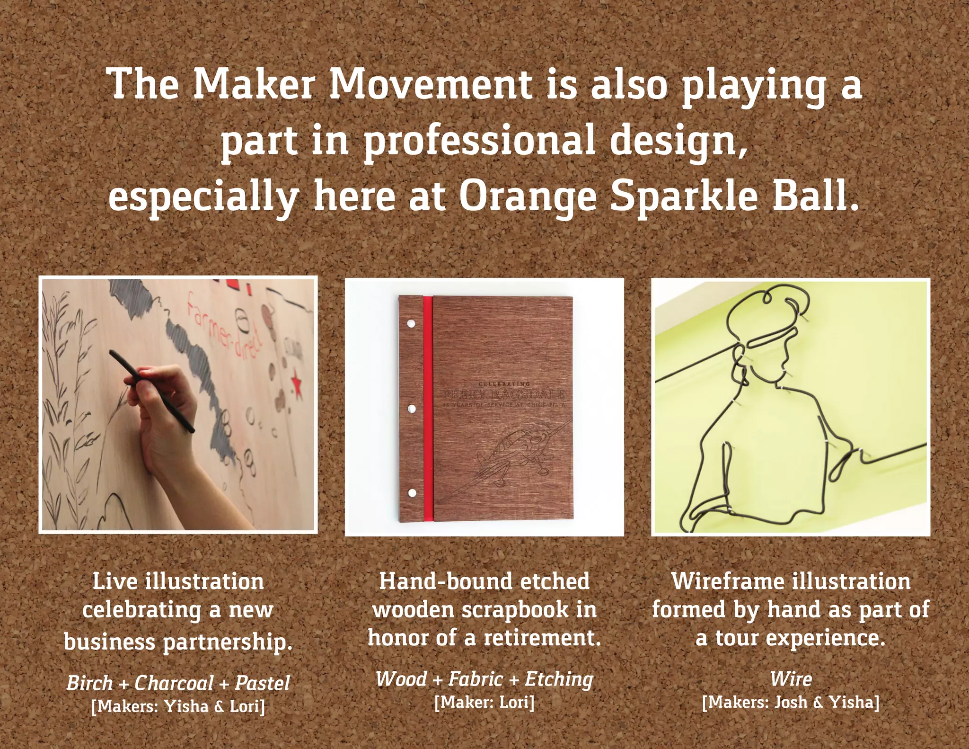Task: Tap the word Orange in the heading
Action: click(x=528, y=196)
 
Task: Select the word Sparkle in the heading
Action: click(x=685, y=196)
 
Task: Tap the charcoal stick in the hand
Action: click(x=151, y=391)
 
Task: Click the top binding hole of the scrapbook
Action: click(x=411, y=324)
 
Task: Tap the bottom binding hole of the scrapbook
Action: click(x=411, y=493)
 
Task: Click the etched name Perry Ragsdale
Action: click(x=503, y=394)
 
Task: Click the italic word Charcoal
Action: click(x=174, y=683)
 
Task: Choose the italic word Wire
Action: click(x=791, y=679)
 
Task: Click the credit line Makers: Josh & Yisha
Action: click(x=791, y=702)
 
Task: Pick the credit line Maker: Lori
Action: click(x=484, y=702)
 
